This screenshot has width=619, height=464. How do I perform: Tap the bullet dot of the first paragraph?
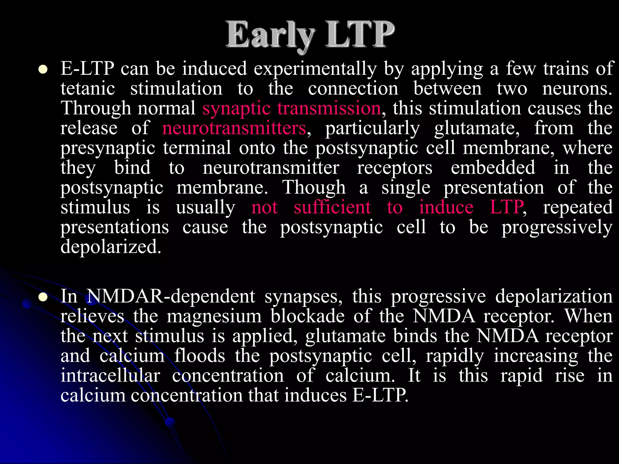coord(43,70)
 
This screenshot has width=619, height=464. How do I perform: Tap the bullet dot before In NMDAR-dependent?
coord(43,297)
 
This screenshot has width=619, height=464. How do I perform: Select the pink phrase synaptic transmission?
coord(291,108)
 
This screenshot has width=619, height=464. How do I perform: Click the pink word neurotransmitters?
coord(234,128)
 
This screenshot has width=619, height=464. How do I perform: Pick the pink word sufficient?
coord(332,208)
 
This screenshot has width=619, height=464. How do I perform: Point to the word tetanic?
coord(88,89)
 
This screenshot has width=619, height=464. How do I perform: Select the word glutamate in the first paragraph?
coord(477,128)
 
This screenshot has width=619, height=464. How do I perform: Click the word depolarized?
coord(111,247)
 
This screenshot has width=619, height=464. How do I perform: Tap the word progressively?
coord(557,227)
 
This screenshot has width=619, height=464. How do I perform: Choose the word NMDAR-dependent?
coord(171,296)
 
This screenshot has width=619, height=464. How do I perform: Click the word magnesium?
coord(214,316)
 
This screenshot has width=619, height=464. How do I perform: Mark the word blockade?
coord(307,316)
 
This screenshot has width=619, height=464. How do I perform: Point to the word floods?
coord(200,356)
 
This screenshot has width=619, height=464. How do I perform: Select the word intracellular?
coord(110,375)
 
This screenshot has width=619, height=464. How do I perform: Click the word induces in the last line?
coord(315,395)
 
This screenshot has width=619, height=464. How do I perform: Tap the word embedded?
coord(493,168)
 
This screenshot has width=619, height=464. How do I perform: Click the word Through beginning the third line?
coord(96,108)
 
